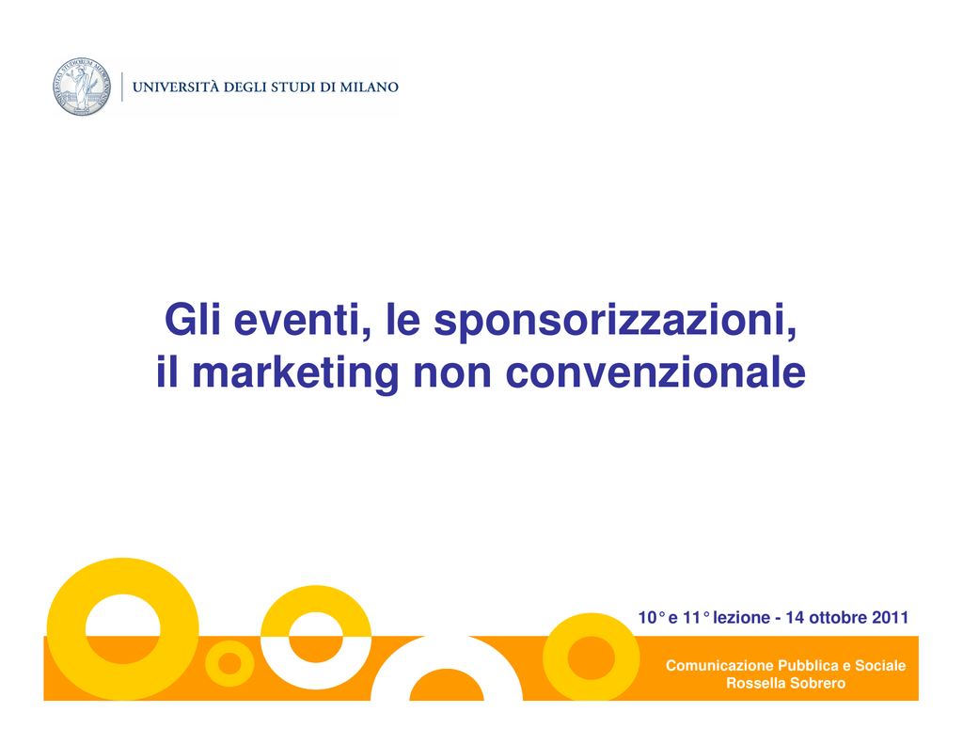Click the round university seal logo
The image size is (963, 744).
(82, 87)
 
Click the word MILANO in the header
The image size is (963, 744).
(369, 87)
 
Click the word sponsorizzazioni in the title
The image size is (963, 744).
(615, 320)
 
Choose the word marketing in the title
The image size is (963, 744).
(295, 372)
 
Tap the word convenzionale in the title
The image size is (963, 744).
(655, 372)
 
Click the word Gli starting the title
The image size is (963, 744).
(192, 319)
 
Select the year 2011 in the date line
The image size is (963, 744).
(890, 617)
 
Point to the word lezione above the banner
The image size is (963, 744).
(741, 617)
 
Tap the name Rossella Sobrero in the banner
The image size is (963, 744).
(785, 683)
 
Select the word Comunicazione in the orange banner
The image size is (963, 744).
(719, 665)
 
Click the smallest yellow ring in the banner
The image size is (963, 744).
(229, 677)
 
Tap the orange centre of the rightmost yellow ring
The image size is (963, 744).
(591, 658)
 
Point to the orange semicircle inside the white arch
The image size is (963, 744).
(447, 686)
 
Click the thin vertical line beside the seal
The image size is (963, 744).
(121, 87)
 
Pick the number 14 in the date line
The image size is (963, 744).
(795, 617)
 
